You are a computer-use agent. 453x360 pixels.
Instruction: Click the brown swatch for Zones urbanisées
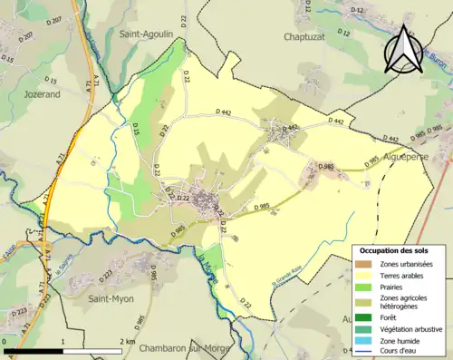(x=363, y=263)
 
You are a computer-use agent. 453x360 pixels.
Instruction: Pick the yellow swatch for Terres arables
(x=363, y=275)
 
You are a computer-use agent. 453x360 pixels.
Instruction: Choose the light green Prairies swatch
(x=363, y=287)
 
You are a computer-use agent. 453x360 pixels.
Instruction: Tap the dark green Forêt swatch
(x=363, y=316)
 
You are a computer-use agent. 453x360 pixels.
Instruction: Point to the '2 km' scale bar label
(x=128, y=342)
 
